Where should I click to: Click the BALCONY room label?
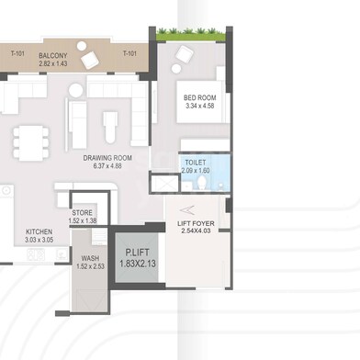tap(53, 56)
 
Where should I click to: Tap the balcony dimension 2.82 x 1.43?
tap(53, 63)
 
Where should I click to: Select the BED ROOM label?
tap(200, 98)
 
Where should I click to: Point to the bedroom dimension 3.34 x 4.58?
tap(200, 106)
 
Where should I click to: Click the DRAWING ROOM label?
tap(107, 158)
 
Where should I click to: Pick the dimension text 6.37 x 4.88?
tap(107, 166)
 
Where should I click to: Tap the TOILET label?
tap(196, 163)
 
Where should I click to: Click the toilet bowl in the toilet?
tap(202, 183)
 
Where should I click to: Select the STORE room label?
tap(82, 212)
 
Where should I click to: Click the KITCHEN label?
tap(39, 231)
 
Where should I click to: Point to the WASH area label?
tap(90, 259)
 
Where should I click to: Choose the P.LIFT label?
tap(138, 253)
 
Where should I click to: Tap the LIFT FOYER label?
tap(196, 223)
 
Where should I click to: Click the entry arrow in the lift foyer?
tap(186, 210)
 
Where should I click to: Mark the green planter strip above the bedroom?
tap(191, 34)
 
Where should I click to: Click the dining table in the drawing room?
tap(31, 143)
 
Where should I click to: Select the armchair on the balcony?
tap(90, 60)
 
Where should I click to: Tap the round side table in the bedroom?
tap(176, 69)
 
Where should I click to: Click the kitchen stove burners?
tap(36, 254)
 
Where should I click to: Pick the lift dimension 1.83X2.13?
tap(138, 264)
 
